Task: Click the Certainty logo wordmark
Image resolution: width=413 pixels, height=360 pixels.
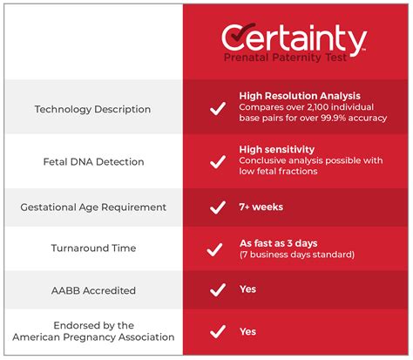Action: (293, 37)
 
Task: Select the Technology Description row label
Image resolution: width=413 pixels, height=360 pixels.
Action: (91, 109)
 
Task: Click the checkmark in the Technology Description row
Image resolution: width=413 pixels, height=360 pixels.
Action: (213, 109)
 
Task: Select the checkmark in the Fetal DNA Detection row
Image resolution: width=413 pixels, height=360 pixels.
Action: (213, 161)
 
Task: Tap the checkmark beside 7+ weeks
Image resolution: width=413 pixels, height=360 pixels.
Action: (213, 207)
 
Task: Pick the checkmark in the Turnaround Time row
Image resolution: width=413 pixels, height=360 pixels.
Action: (213, 249)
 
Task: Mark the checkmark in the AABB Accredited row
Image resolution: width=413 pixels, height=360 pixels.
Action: (213, 289)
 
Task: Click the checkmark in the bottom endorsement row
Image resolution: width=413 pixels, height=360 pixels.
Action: (213, 331)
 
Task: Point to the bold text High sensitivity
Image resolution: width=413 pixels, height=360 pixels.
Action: (276, 149)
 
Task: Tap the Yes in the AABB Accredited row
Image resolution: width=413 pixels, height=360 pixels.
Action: (247, 289)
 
